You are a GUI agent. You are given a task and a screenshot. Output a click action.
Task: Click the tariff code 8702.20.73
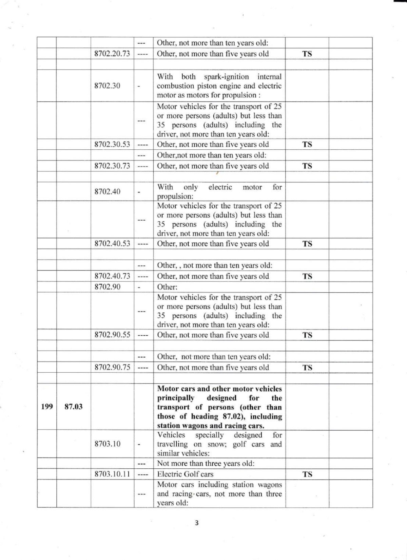pos(112,54)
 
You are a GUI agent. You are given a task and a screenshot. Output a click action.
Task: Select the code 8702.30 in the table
pos(107,86)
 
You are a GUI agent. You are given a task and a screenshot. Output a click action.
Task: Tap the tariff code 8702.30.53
pos(112,144)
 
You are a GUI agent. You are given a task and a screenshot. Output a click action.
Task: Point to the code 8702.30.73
pos(112,166)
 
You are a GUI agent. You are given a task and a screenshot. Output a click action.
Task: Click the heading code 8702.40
pos(107,191)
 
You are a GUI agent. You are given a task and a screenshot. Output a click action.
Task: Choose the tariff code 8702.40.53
pos(112,244)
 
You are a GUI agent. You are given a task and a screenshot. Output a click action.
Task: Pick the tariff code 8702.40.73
pos(112,276)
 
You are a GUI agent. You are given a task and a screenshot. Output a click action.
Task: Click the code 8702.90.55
pos(112,335)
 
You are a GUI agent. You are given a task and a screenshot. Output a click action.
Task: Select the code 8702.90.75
pos(112,368)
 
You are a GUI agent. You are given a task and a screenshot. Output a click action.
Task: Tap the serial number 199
pos(47,407)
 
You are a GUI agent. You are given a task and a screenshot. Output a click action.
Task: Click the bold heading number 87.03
pos(73,407)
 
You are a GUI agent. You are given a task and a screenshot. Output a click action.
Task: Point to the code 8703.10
pos(107,444)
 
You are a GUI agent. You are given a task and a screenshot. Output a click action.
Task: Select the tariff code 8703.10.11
pos(112,474)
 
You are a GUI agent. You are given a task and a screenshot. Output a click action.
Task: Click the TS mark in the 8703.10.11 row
pos(307,474)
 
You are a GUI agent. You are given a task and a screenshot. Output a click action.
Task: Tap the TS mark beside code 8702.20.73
pos(307,54)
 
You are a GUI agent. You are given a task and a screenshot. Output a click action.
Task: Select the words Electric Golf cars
pos(185,474)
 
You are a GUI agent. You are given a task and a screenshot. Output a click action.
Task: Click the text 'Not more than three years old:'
pos(206,464)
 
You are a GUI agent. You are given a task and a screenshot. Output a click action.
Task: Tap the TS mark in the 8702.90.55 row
pos(307,335)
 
